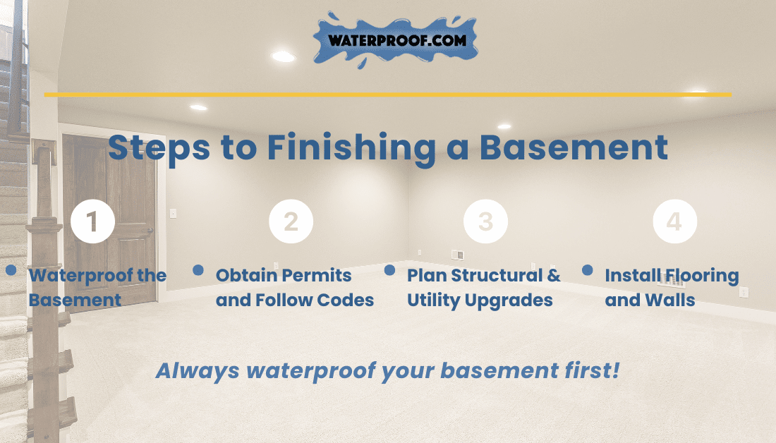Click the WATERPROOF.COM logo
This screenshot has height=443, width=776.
(396, 40)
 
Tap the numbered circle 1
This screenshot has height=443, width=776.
(92, 221)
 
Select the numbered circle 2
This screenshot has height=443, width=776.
(291, 221)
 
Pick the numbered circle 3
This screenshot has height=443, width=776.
(485, 221)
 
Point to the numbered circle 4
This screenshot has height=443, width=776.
(675, 221)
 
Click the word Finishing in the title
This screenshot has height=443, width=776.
(352, 148)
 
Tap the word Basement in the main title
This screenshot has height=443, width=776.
(574, 147)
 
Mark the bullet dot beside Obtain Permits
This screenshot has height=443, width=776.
(198, 269)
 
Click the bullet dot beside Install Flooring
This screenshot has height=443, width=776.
(588, 269)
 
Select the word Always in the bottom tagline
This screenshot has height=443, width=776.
(198, 371)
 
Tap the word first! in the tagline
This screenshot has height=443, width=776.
(592, 370)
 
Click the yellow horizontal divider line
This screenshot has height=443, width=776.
(388, 95)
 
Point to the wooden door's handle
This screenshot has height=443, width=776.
(150, 231)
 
